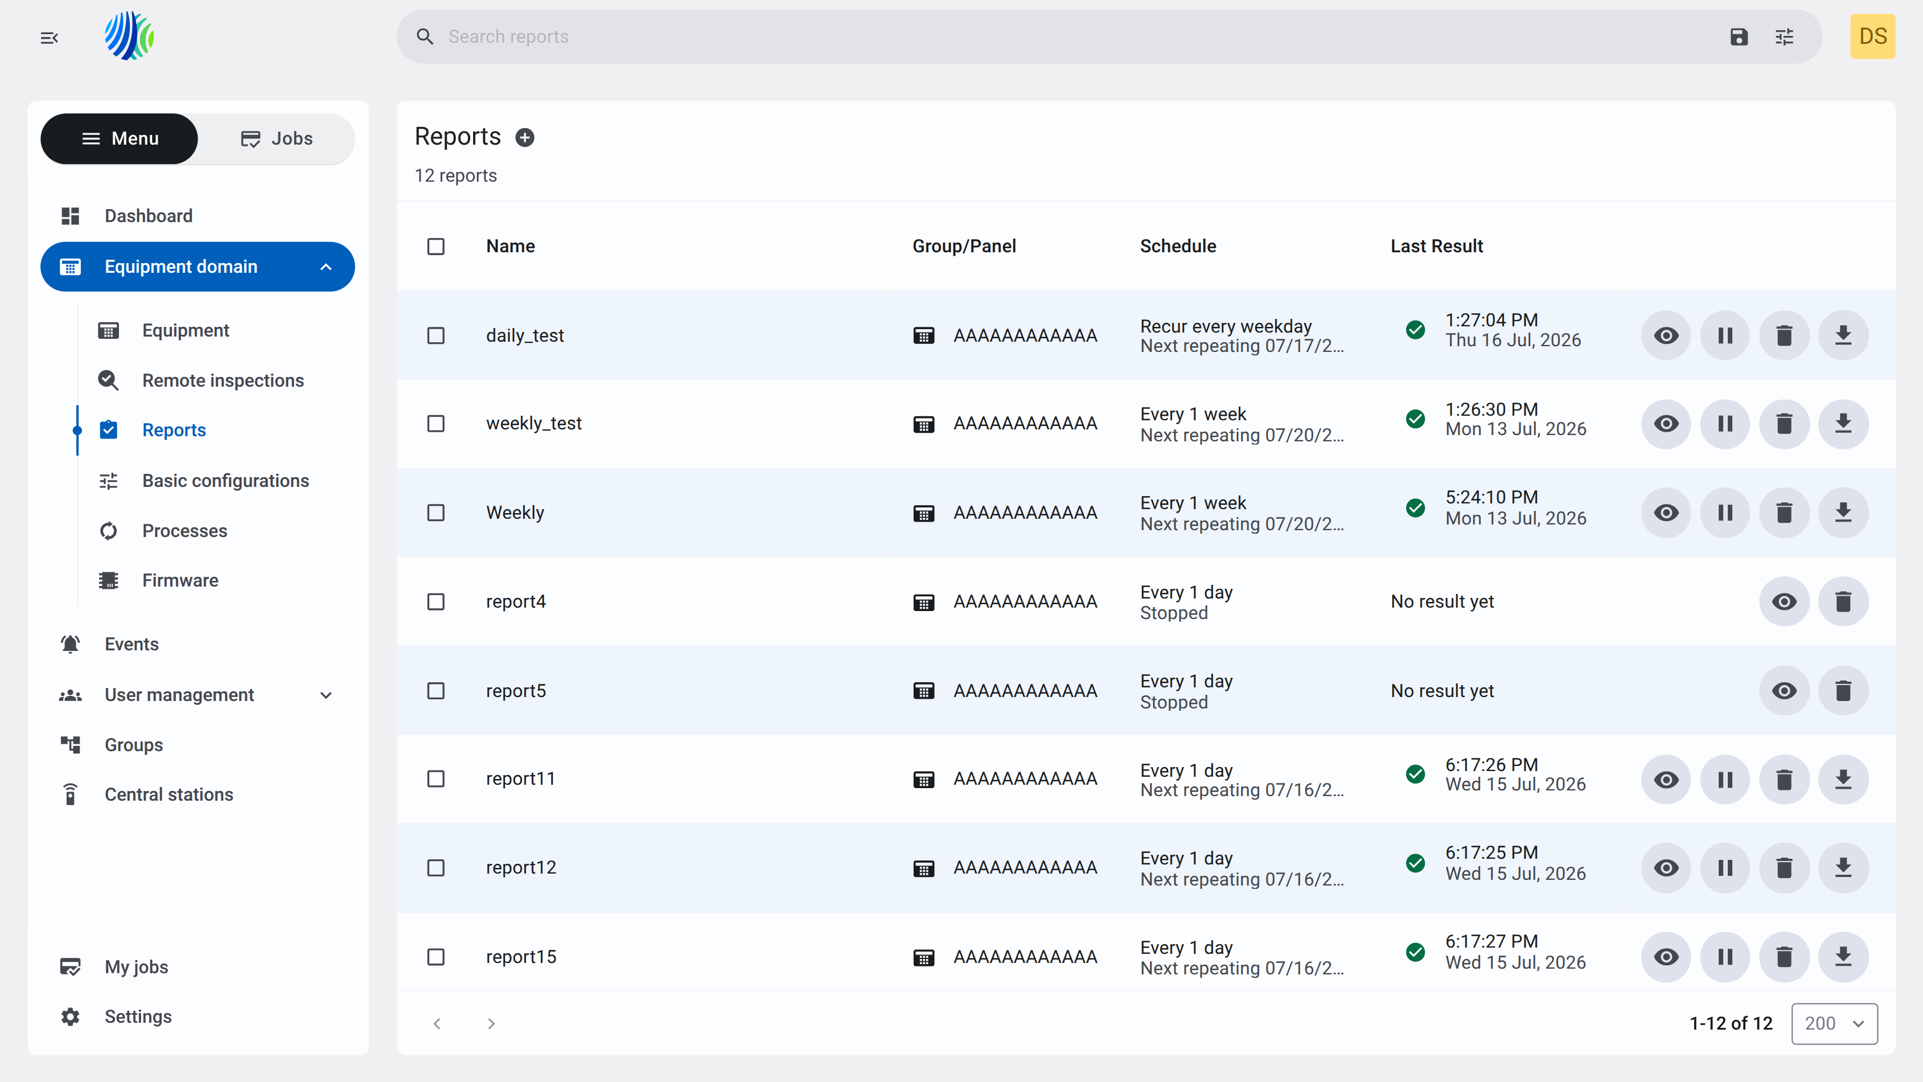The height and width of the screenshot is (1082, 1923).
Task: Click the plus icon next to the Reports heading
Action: coord(525,137)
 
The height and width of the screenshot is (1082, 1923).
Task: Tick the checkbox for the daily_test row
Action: coord(436,335)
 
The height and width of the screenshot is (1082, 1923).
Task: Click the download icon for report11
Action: coord(1843,780)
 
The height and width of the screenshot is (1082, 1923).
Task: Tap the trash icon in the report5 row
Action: coord(1843,691)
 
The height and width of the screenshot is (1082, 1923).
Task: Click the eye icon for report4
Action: coord(1784,602)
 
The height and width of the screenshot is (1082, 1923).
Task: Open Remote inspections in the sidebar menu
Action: coord(223,381)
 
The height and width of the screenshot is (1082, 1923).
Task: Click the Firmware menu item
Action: coord(180,580)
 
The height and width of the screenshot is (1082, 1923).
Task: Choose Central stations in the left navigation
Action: coord(169,794)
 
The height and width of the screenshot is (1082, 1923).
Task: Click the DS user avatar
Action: coord(1872,36)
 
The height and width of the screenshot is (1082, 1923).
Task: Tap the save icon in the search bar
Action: coord(1739,36)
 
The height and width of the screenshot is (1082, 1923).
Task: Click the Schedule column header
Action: coord(1178,247)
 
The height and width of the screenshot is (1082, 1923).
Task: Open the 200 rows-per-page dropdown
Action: coord(1834,1023)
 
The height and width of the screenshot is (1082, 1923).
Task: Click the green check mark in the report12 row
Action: coord(1415,863)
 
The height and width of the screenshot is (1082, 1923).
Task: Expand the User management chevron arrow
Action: coord(326,695)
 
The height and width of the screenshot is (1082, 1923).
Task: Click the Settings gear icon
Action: coord(70,1017)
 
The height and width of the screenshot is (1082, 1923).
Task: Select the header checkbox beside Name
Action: coord(436,247)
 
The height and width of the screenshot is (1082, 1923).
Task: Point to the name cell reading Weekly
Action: coord(515,513)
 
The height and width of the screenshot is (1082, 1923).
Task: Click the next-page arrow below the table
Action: coord(491,1023)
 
